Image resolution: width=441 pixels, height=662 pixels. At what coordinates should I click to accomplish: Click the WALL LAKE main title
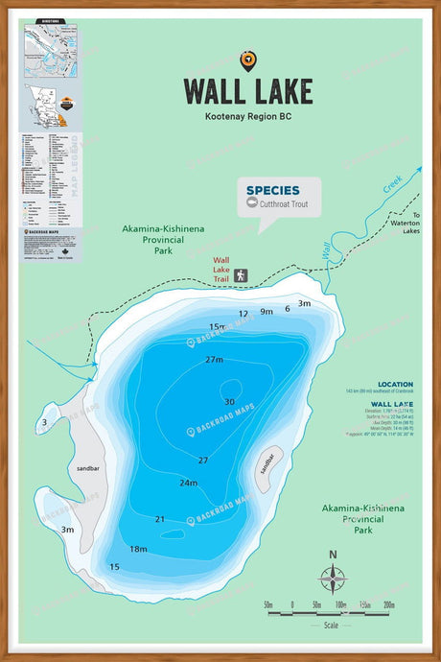[248, 91]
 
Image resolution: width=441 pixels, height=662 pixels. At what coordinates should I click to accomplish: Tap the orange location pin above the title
[248, 60]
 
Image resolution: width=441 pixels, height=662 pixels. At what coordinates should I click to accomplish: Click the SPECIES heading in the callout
[272, 190]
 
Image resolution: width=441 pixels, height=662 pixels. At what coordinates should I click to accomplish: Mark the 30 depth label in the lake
[229, 402]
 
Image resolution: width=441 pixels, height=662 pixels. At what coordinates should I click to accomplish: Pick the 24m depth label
[188, 483]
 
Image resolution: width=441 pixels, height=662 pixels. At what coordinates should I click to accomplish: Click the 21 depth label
[160, 519]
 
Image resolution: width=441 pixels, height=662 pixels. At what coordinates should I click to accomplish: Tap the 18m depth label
[139, 549]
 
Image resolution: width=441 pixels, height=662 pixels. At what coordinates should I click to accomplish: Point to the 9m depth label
[267, 312]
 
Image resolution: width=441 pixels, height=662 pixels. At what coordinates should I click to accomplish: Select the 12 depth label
[244, 314]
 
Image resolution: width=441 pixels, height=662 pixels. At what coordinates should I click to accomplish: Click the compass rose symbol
[333, 579]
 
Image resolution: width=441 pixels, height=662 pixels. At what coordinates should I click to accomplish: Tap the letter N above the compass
[333, 555]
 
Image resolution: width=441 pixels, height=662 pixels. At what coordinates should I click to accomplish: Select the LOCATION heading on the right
[395, 384]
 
